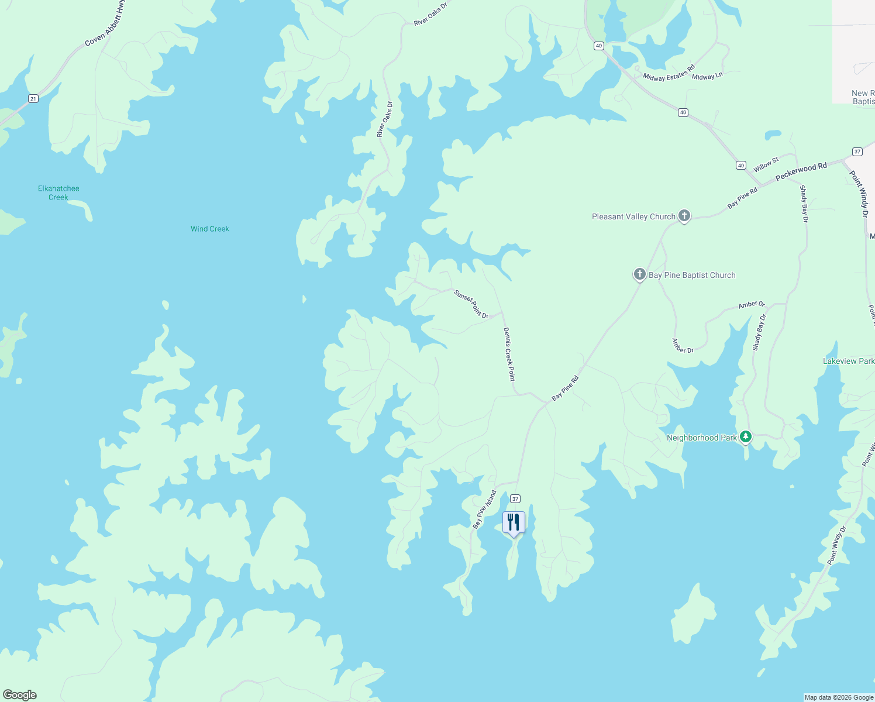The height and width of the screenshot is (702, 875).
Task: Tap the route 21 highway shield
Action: (33, 98)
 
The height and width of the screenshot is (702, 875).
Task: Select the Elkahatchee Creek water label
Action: (58, 192)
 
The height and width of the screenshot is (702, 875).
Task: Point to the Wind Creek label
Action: (210, 229)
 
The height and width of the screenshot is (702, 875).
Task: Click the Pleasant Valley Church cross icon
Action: (684, 216)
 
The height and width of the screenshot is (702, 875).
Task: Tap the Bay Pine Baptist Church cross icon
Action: (640, 274)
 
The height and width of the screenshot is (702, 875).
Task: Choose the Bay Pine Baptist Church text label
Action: (692, 275)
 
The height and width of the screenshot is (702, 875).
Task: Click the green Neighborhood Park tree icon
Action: (745, 436)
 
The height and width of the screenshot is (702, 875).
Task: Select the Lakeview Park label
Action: (848, 361)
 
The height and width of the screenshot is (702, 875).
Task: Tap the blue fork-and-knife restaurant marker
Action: (514, 522)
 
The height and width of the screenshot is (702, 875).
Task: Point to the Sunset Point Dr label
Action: (471, 304)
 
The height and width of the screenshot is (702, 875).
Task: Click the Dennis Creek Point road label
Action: (509, 354)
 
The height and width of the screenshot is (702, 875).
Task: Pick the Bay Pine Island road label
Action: (485, 509)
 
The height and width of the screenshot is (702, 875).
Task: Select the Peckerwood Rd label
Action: (801, 171)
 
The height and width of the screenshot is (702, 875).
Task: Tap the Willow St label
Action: (766, 164)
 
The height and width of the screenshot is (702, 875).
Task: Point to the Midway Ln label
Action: (707, 76)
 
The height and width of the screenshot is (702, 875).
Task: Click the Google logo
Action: (20, 695)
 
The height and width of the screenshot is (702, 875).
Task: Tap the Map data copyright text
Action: (839, 697)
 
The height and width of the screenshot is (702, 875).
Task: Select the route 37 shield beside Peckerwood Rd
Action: (857, 152)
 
